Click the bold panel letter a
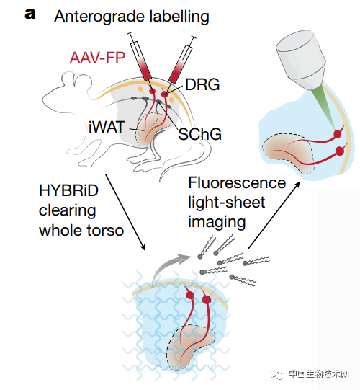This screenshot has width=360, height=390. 30,14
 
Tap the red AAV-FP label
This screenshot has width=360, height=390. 97,58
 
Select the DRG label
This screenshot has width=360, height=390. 202,84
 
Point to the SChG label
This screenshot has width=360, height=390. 199,134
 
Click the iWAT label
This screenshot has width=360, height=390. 107,127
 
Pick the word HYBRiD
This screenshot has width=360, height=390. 69,191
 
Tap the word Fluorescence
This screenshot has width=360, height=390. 237,183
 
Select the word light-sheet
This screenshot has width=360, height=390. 226,203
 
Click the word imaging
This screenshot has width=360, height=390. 217,222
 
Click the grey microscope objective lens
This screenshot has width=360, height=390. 301,60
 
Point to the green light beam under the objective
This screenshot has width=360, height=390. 328,106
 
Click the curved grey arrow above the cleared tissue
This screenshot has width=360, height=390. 167,266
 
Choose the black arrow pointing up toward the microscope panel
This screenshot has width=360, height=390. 274,215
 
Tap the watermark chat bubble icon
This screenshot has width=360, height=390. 277,373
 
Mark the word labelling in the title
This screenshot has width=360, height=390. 179,17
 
